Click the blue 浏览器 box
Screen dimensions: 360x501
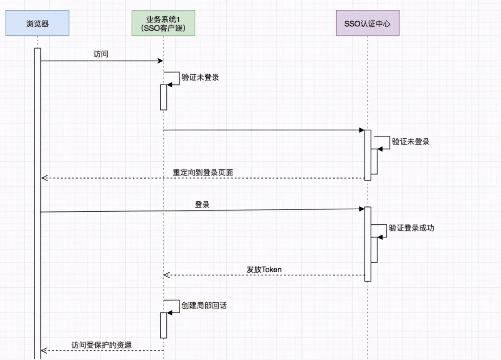(x=37, y=23)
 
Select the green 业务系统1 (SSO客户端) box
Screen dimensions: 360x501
(x=163, y=23)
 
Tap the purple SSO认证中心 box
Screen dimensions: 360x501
(x=367, y=23)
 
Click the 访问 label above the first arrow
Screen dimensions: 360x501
(x=101, y=54)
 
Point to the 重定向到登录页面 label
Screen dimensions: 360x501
(x=206, y=172)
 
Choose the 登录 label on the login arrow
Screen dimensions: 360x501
(x=202, y=205)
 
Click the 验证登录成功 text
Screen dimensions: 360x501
(x=411, y=228)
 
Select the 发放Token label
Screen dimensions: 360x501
(x=264, y=269)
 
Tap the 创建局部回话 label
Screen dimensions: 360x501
(x=204, y=305)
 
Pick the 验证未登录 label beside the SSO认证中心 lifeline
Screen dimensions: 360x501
(x=411, y=142)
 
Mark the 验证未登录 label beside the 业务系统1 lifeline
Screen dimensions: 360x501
(x=200, y=77)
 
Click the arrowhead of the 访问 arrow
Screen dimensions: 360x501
(x=160, y=61)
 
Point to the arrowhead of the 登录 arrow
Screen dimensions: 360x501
(x=362, y=208)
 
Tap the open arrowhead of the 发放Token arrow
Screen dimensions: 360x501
(x=166, y=275)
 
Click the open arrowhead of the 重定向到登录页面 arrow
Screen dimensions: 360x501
(x=44, y=178)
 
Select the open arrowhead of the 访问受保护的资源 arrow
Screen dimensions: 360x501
(x=44, y=350)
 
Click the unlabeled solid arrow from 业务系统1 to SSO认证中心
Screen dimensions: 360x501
(x=263, y=130)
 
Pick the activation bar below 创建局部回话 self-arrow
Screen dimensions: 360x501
(x=163, y=325)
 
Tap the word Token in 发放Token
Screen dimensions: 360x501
(x=271, y=269)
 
